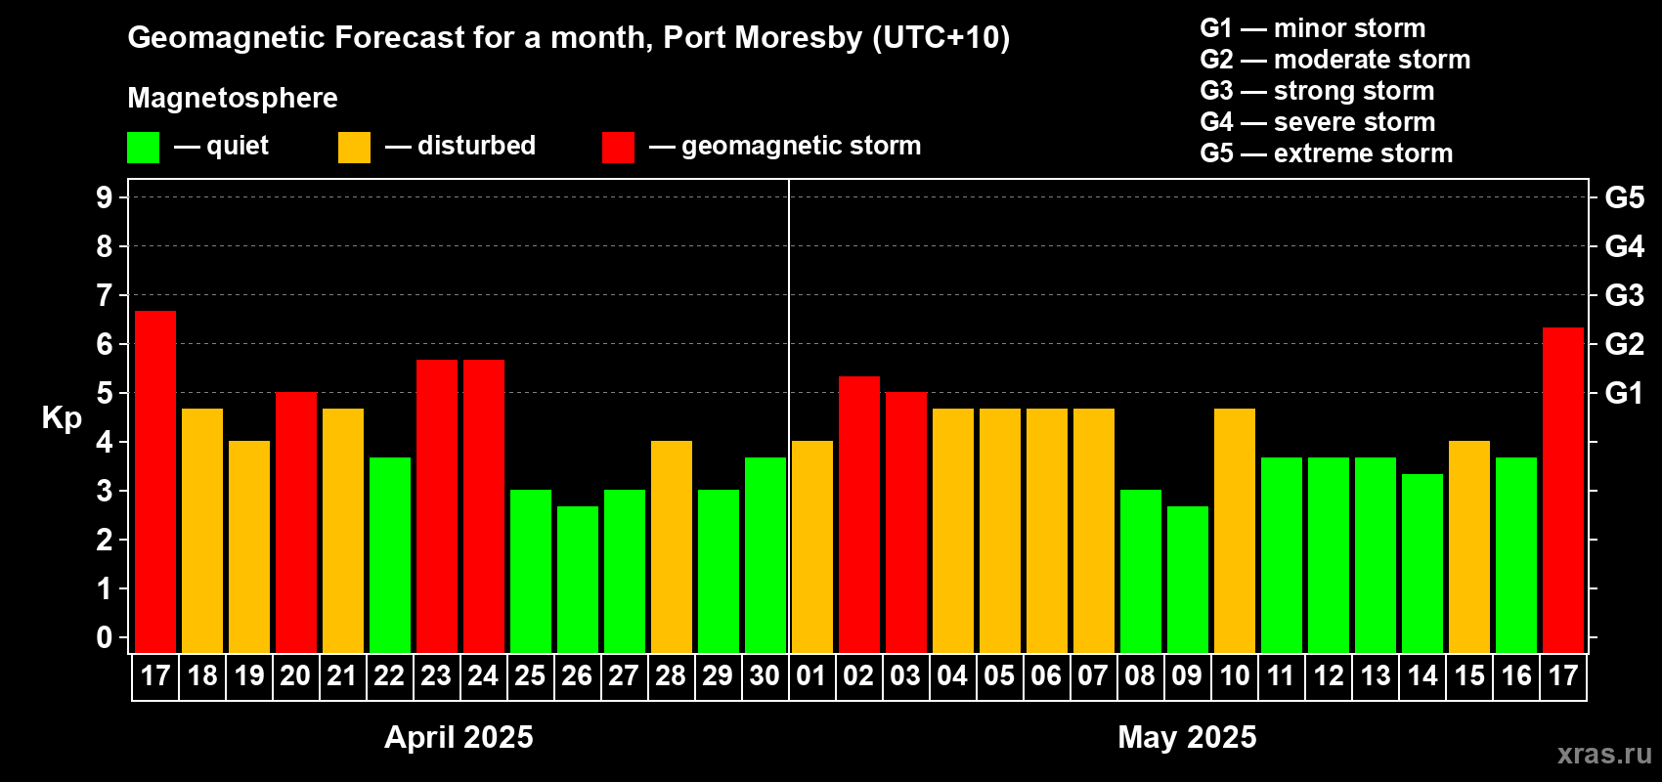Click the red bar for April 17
(155, 482)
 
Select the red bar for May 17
(1562, 490)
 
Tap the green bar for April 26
(578, 580)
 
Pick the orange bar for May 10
(1235, 531)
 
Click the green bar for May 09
(1188, 580)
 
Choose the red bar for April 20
(296, 523)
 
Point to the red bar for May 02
(859, 514)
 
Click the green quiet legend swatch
(144, 148)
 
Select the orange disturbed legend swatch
(355, 148)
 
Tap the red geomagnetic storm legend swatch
(618, 148)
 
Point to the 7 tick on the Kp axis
(105, 295)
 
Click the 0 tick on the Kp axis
(105, 638)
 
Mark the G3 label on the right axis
(1624, 295)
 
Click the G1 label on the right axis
(1624, 393)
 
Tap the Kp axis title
(62, 417)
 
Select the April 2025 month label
(459, 737)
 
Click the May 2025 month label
(1187, 737)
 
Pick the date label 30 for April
(765, 676)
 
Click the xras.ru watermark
(1603, 754)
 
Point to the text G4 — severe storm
(1318, 122)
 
